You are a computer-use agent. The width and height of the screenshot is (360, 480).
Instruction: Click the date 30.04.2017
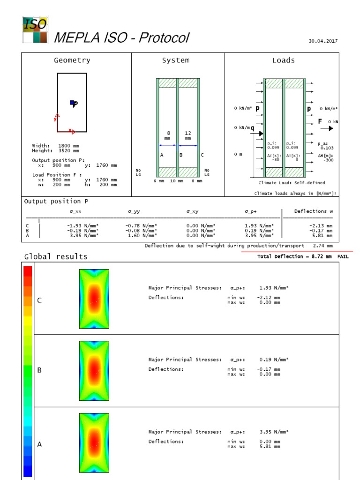(323, 41)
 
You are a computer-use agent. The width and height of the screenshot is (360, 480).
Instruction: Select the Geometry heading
(72, 60)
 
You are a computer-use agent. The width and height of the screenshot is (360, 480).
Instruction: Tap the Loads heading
(283, 60)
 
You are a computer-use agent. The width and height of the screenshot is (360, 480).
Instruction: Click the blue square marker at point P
(72, 103)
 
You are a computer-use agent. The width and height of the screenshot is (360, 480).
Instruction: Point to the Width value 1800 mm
(69, 146)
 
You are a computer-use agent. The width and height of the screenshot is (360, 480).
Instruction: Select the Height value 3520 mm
(69, 150)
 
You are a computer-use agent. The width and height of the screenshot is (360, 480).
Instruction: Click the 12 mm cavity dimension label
(188, 136)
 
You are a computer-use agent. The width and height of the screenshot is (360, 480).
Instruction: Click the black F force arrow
(327, 128)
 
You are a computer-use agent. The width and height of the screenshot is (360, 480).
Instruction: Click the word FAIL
(343, 257)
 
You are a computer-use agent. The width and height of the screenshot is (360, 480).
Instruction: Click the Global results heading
(56, 256)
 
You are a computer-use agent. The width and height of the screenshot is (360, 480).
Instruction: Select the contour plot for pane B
(94, 371)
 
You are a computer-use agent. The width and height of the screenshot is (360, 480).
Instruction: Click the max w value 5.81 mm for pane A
(270, 447)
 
